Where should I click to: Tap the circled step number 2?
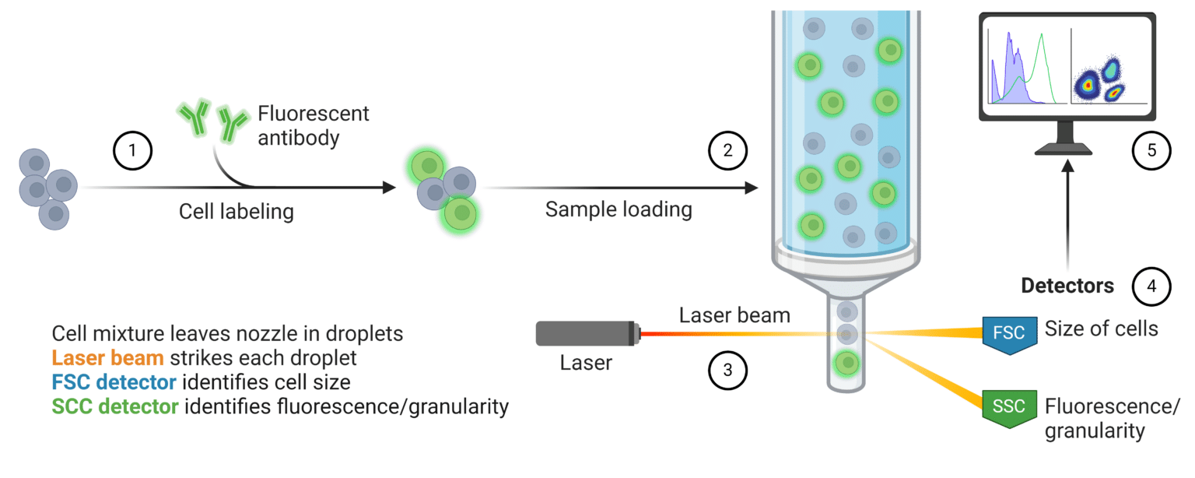(x=727, y=150)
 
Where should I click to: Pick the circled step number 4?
(x=1152, y=286)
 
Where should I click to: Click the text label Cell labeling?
(x=237, y=212)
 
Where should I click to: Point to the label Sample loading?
(x=619, y=209)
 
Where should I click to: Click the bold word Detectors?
(x=1067, y=286)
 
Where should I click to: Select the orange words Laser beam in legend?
(x=107, y=358)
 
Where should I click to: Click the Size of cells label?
(x=1101, y=329)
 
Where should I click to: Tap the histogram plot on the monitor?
(x=1025, y=70)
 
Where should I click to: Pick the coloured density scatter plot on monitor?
(x=1109, y=70)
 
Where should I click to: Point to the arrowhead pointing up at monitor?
(x=1067, y=167)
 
